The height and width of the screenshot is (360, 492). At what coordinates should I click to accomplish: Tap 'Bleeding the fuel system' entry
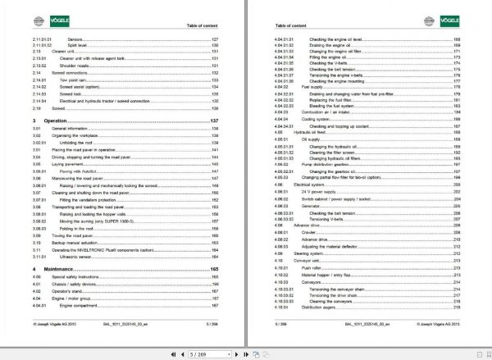coord(334,106)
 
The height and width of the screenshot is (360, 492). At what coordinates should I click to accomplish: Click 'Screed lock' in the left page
coord(80,94)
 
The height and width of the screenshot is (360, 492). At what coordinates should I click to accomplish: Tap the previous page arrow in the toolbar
coord(181,354)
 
